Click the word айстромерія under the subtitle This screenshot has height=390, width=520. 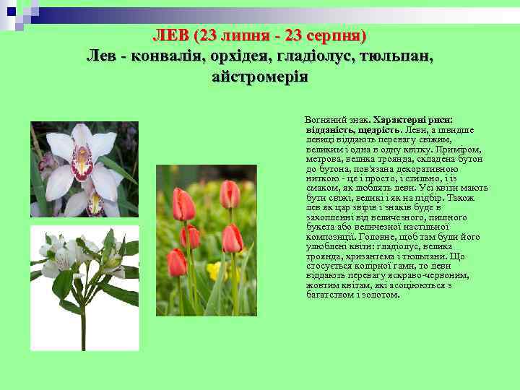(x=260, y=76)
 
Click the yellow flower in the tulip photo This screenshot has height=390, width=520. (x=214, y=272)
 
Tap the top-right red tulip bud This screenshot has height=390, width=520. (x=230, y=194)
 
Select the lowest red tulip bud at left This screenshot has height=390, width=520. (x=176, y=263)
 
